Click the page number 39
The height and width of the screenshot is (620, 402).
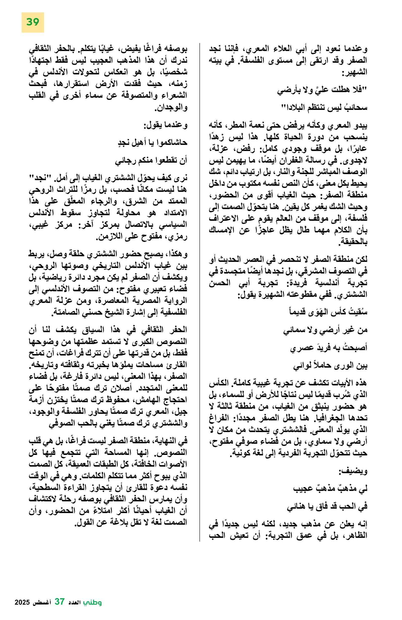click(x=33, y=22)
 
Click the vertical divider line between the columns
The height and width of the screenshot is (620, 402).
click(x=199, y=287)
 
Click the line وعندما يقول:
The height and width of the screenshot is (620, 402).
click(x=165, y=125)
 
